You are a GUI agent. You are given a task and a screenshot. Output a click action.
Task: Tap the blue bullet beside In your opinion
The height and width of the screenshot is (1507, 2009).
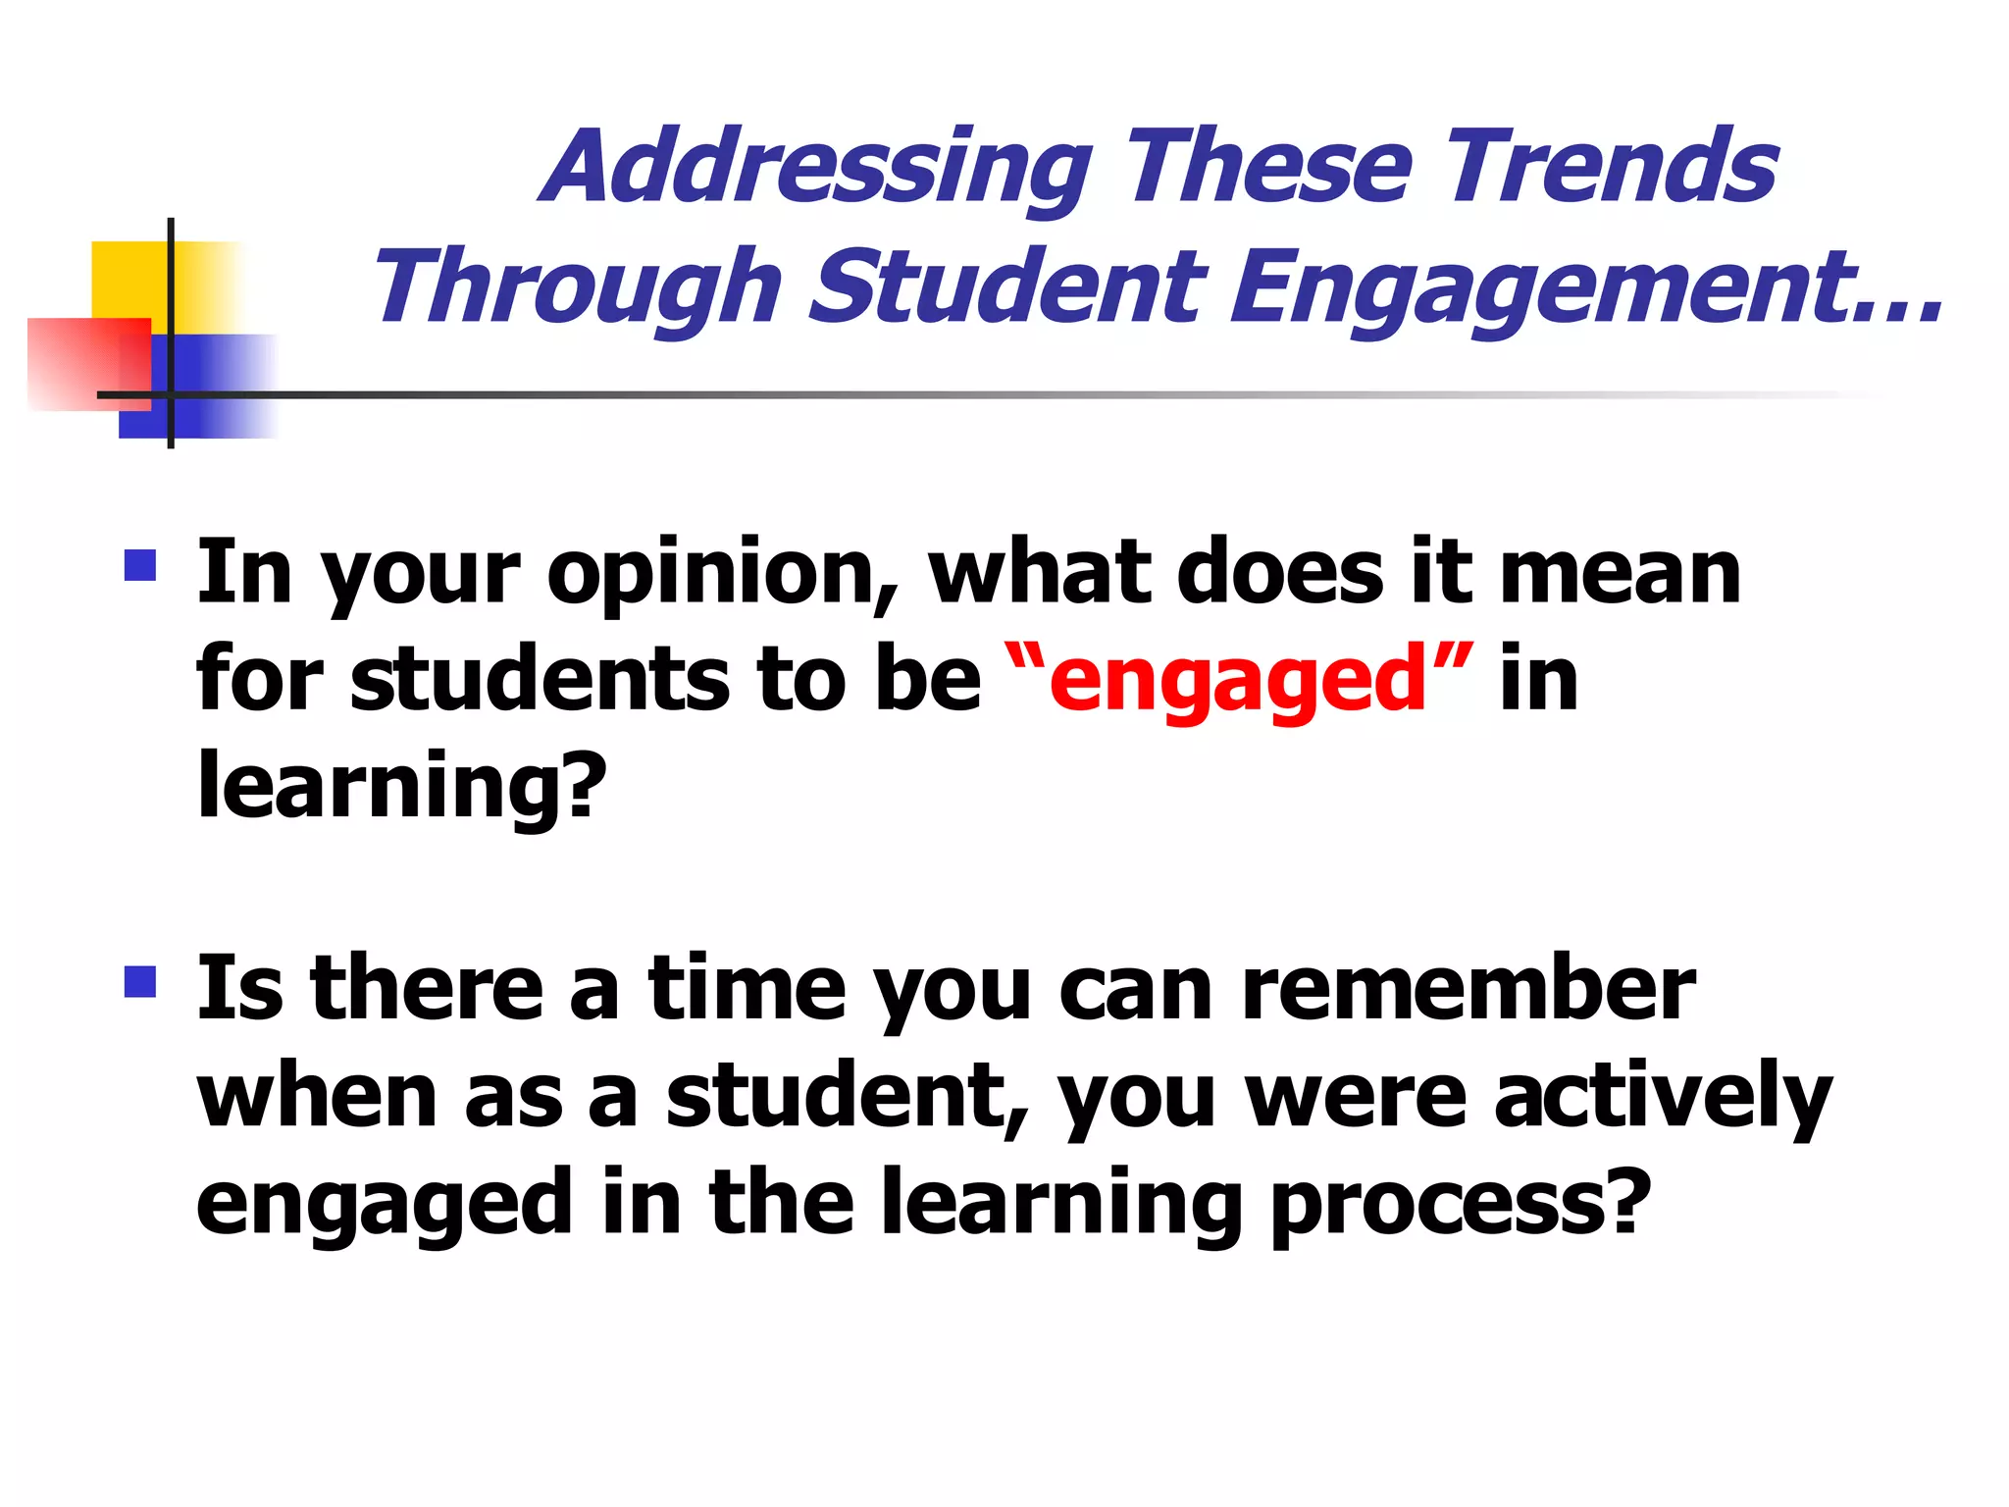(x=140, y=566)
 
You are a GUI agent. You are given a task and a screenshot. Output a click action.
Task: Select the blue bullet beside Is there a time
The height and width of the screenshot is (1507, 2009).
(x=140, y=981)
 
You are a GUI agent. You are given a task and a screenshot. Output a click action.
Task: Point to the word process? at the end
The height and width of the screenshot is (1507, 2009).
(x=1462, y=1205)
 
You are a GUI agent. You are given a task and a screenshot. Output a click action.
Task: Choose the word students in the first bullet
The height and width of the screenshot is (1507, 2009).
(x=540, y=679)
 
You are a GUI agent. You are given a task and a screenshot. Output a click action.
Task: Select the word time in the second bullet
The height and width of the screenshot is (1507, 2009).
(x=746, y=989)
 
